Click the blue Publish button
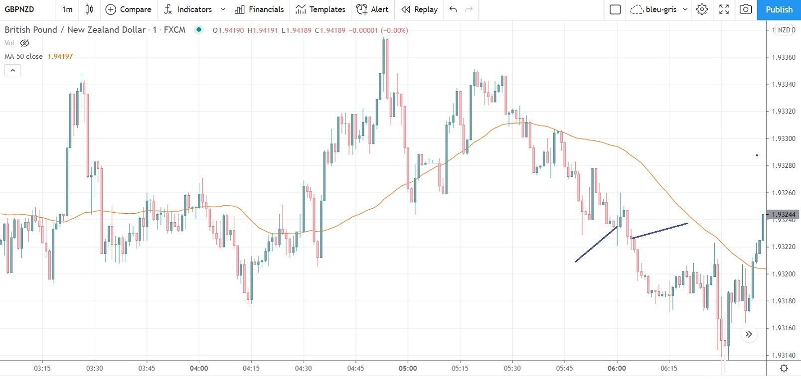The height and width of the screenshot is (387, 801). click(x=779, y=9)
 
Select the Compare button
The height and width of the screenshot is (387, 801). click(x=129, y=9)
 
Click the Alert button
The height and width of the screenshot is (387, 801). click(x=372, y=9)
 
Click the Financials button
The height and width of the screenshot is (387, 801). click(x=259, y=9)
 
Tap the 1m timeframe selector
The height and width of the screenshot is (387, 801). click(x=67, y=9)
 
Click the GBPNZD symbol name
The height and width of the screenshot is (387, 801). click(x=19, y=9)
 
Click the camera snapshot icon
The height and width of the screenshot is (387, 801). click(x=746, y=9)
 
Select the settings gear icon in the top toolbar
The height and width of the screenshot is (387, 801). click(x=702, y=9)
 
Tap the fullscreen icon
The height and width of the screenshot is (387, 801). click(x=724, y=9)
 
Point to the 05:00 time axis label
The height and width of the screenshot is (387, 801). click(x=408, y=369)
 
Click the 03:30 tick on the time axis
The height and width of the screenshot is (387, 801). click(x=94, y=369)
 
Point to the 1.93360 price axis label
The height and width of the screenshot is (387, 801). click(x=783, y=57)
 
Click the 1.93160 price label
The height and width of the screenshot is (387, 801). click(x=783, y=328)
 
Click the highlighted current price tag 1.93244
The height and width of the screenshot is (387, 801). click(x=783, y=215)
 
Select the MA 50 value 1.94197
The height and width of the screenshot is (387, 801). click(x=60, y=56)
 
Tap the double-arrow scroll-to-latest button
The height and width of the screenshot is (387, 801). click(x=749, y=334)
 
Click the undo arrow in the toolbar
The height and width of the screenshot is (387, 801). click(x=453, y=9)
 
